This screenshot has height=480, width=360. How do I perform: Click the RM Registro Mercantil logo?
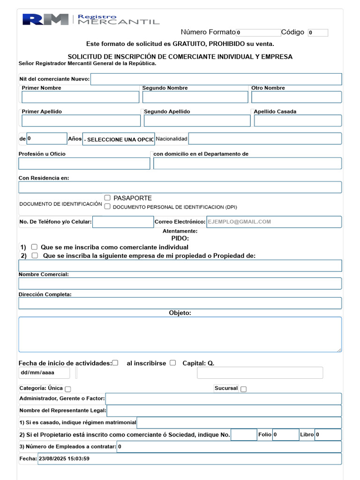pyautogui.click(x=90, y=19)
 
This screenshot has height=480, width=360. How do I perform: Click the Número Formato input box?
pyautogui.click(x=258, y=33)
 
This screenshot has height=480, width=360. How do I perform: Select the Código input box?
pyautogui.click(x=318, y=33)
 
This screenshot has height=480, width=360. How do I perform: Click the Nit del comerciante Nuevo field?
pyautogui.click(x=216, y=79)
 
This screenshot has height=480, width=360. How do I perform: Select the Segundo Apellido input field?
pyautogui.click(x=197, y=120)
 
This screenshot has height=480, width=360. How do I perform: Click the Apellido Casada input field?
pyautogui.click(x=298, y=120)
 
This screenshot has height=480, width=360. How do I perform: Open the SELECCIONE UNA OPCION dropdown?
pyautogui.click(x=119, y=139)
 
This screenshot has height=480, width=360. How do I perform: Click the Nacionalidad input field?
pyautogui.click(x=265, y=139)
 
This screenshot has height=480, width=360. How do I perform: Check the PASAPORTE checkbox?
pyautogui.click(x=107, y=198)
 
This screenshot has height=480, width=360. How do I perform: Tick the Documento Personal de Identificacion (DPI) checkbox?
pyautogui.click(x=107, y=206)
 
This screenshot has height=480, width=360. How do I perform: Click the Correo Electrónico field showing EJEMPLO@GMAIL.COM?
pyautogui.click(x=274, y=222)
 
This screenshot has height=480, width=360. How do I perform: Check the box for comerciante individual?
pyautogui.click(x=34, y=247)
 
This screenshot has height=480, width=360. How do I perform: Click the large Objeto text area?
pyautogui.click(x=180, y=334)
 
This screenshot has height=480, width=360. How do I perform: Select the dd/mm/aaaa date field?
pyautogui.click(x=44, y=373)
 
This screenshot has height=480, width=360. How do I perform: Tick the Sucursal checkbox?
pyautogui.click(x=243, y=389)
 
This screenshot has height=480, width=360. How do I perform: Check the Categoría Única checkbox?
pyautogui.click(x=68, y=389)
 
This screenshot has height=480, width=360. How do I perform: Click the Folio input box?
pyautogui.click(x=285, y=435)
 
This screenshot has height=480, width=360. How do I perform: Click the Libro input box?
pyautogui.click(x=328, y=435)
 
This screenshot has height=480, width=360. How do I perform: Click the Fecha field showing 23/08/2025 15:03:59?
pyautogui.click(x=189, y=459)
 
